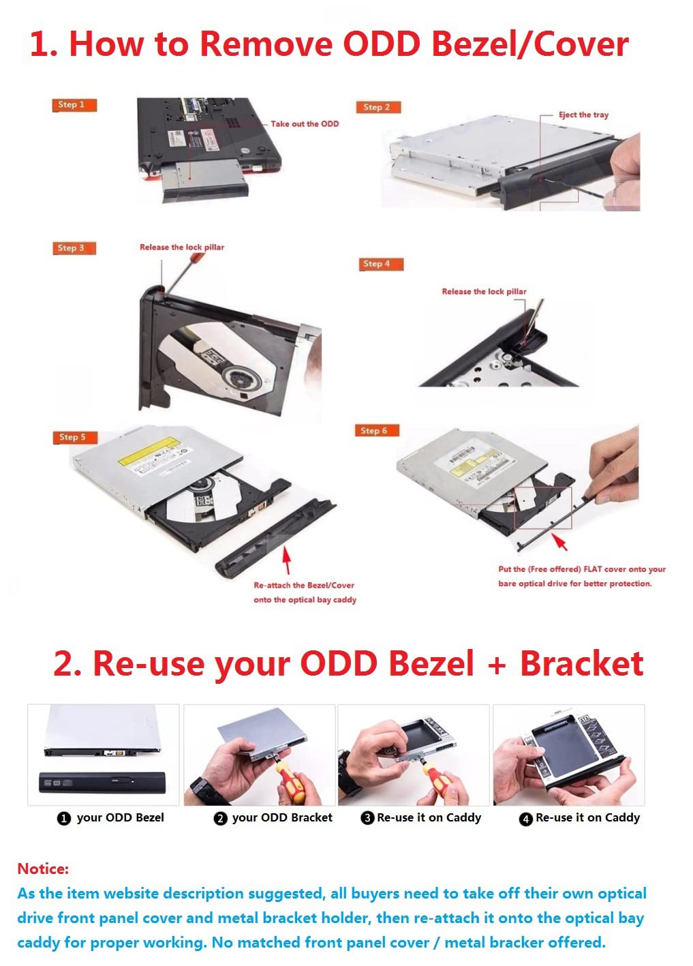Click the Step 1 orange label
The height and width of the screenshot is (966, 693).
(74, 105)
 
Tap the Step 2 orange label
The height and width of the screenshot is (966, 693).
(378, 107)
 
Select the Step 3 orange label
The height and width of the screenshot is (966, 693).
(74, 248)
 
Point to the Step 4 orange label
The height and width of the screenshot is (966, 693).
(381, 264)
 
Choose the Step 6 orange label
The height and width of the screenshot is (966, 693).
(376, 431)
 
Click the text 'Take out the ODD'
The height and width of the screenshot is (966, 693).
(304, 124)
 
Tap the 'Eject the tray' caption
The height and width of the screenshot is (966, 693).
(583, 115)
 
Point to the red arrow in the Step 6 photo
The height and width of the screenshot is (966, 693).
(559, 543)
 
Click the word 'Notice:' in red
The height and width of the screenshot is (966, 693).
(43, 869)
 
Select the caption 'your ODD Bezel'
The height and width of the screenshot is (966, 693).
(120, 817)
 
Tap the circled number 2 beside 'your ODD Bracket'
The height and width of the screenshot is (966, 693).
(220, 818)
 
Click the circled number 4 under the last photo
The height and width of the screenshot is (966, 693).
(525, 819)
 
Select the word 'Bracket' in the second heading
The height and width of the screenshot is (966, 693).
(581, 664)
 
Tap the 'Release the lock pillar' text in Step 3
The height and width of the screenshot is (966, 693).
(181, 247)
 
